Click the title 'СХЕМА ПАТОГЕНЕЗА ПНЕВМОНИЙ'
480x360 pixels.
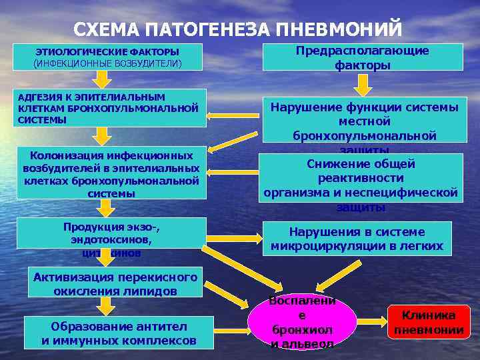[237, 29]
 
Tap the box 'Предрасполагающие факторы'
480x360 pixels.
[363, 57]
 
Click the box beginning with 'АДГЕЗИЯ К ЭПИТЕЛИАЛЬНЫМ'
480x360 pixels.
[110, 108]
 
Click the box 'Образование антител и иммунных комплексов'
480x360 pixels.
[119, 333]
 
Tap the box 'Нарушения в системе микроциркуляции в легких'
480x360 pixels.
[357, 239]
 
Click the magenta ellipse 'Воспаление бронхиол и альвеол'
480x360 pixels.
[301, 322]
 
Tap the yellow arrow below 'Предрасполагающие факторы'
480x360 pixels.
[363, 85]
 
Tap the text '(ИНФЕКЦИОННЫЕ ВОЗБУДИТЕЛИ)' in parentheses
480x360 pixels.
[107, 63]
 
